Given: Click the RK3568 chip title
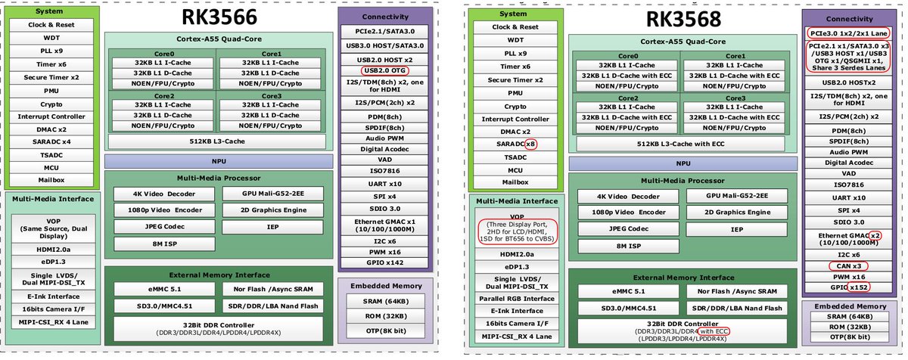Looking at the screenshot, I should click(x=683, y=20).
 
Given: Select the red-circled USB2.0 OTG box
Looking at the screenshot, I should click(x=385, y=71).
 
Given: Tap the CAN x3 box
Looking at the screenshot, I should click(x=844, y=265).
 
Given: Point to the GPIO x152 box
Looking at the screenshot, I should click(x=844, y=287).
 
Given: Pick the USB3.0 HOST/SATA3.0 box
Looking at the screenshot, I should click(x=385, y=45).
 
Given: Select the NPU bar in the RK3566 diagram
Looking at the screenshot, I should click(x=220, y=161).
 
